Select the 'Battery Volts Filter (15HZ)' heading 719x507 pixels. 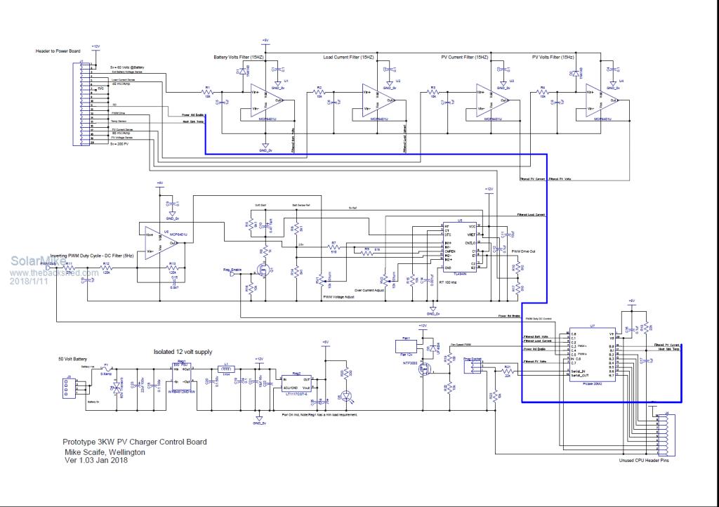(x=239, y=57)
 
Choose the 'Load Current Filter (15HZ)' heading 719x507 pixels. (x=348, y=57)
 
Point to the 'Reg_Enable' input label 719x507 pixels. (x=232, y=270)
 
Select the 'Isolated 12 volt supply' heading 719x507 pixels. (x=183, y=352)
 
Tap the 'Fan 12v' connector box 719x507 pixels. (x=406, y=343)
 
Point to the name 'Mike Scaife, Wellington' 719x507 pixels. (x=105, y=452)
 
